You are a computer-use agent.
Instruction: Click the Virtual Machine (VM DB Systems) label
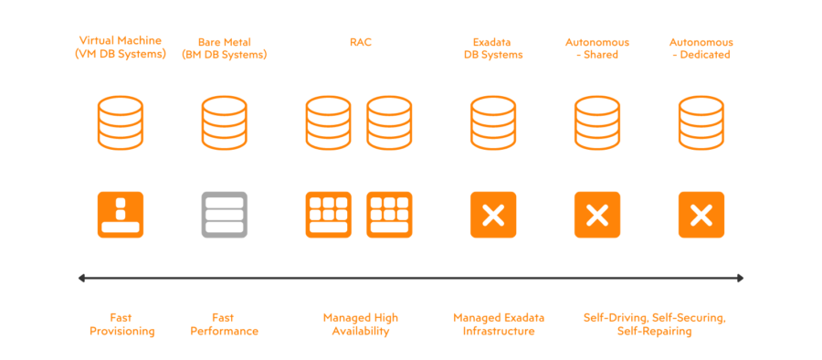(x=120, y=48)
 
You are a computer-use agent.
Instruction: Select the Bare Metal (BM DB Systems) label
(x=225, y=48)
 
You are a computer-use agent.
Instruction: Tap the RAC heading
(x=360, y=42)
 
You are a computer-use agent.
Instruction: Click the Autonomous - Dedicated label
(x=701, y=48)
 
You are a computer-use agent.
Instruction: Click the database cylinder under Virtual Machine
(x=121, y=123)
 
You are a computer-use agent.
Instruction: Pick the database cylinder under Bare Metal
(x=225, y=123)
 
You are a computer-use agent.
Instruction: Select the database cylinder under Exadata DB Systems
(x=493, y=123)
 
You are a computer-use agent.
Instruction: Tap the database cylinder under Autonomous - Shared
(x=597, y=123)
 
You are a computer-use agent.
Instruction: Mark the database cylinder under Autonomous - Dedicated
(x=701, y=123)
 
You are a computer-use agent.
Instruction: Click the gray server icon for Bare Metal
(x=225, y=215)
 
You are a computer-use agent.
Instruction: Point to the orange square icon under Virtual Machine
(x=121, y=215)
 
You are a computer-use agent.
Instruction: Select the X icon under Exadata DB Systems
(x=493, y=215)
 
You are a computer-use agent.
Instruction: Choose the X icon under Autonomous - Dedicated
(x=701, y=215)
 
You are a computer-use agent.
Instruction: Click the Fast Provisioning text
(x=121, y=324)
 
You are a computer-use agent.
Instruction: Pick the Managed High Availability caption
(x=360, y=324)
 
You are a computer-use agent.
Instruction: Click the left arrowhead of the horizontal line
(x=82, y=278)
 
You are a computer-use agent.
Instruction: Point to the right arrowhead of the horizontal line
(x=740, y=278)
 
